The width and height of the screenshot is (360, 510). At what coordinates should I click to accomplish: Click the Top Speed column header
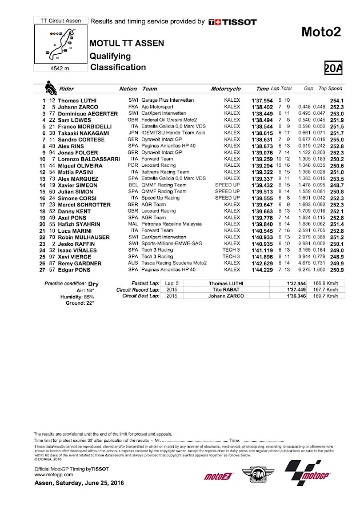330,89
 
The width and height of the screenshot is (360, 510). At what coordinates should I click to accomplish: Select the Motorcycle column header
226,89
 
